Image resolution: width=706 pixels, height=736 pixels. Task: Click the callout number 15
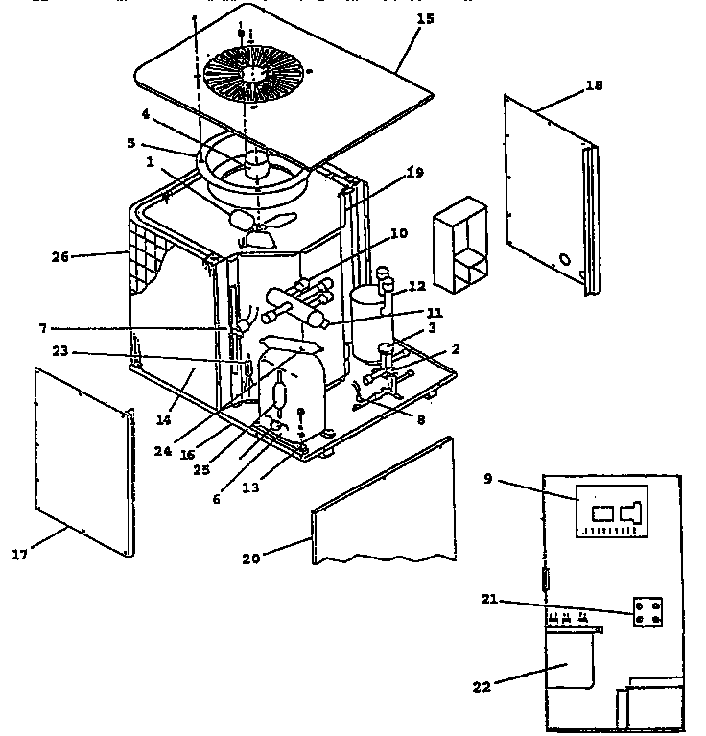425,19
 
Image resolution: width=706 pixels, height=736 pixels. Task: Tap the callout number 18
594,86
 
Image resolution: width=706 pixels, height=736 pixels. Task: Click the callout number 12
416,286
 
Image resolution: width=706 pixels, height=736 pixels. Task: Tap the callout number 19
413,174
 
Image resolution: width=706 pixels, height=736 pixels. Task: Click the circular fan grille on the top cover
254,70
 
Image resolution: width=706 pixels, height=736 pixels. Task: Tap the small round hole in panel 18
564,259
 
